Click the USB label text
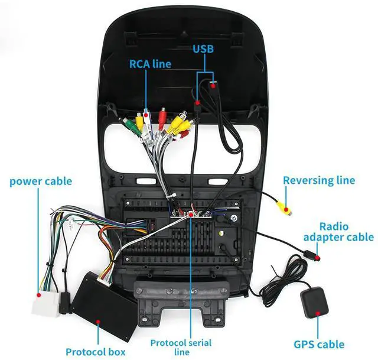[203, 49]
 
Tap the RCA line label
[150, 64]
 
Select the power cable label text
[41, 181]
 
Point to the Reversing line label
[319, 180]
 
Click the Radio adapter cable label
[338, 232]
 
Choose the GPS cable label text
[319, 344]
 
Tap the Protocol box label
[96, 352]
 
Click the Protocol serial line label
[181, 348]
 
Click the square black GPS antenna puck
[314, 302]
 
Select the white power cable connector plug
[46, 303]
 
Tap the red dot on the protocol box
[98, 322]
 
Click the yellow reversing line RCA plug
[283, 207]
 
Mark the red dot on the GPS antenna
[318, 314]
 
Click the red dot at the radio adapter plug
[318, 258]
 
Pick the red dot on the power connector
[38, 295]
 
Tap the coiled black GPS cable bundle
[285, 280]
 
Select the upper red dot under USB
[213, 86]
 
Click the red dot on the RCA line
[146, 115]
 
